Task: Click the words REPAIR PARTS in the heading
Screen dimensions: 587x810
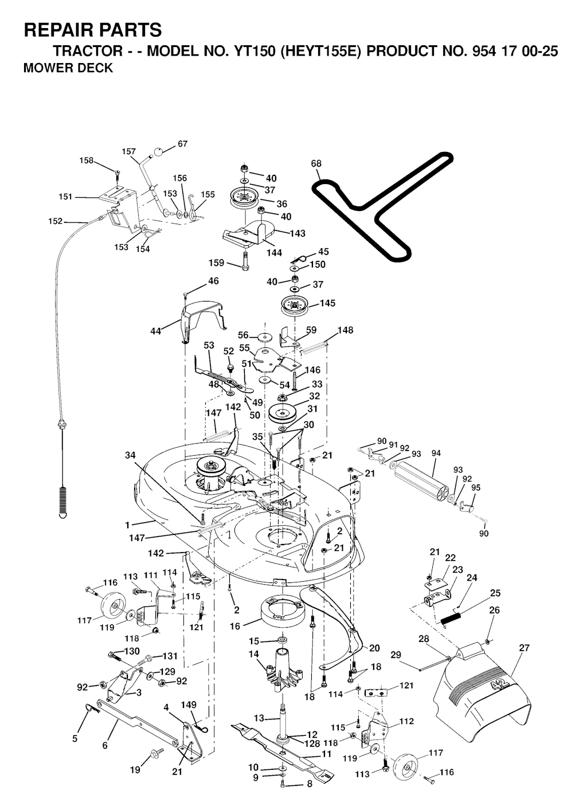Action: (93, 30)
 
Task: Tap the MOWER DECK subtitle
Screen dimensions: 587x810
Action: (68, 68)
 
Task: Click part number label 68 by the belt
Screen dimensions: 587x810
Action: (316, 164)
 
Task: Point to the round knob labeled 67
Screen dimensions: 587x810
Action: (158, 152)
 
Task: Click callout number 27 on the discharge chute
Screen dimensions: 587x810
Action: (524, 648)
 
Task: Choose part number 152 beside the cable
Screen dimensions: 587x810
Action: (56, 221)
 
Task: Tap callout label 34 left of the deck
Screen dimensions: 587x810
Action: (130, 456)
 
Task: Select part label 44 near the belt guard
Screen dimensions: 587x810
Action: (156, 331)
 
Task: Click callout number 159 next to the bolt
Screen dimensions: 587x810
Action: (216, 263)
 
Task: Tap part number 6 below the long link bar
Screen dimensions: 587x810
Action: (105, 745)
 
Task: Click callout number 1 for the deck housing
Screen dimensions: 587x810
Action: (127, 525)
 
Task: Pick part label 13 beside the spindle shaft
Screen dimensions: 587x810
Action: (259, 718)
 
